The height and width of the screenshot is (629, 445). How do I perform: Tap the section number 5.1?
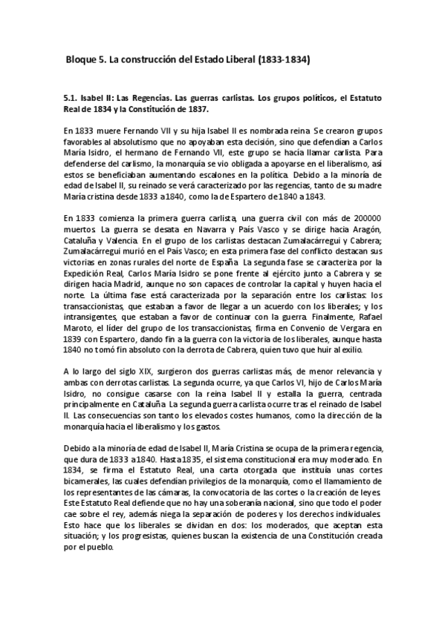coord(73,98)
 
